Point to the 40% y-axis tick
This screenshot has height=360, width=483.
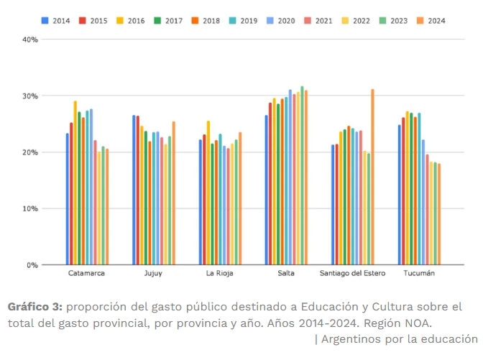point(30,40)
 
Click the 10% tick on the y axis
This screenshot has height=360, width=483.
point(30,208)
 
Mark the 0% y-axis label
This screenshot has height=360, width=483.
point(32,265)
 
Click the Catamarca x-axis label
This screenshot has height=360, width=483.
point(88,274)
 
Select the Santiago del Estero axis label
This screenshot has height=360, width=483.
point(353,274)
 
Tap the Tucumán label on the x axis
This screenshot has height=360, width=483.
point(419,274)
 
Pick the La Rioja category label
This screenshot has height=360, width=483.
point(220,274)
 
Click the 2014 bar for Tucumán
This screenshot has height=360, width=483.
point(400,195)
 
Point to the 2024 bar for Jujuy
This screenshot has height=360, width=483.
point(174,193)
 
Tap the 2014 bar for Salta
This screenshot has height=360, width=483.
point(266,190)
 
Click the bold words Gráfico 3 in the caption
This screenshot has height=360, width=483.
point(36,307)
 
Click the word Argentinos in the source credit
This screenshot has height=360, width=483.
point(353,338)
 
